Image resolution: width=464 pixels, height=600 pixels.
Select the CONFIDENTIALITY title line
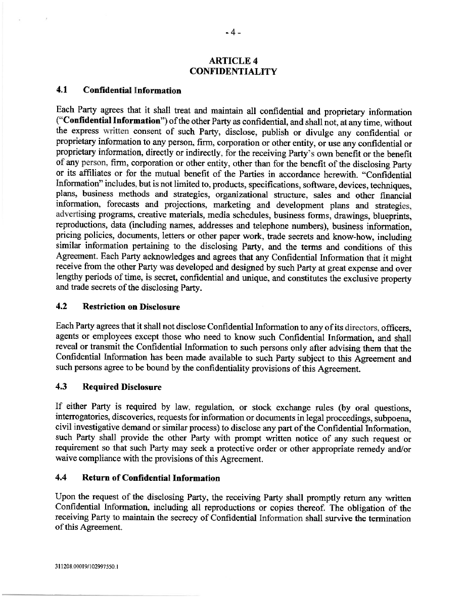coord(233,71)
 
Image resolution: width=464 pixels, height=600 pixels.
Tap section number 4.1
coord(62,91)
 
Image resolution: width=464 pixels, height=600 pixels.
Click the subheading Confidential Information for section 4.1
coord(132,91)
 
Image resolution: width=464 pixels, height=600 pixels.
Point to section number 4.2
coord(62,307)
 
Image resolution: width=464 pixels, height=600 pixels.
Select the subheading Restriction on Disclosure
coord(131,307)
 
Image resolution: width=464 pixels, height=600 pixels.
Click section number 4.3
coord(62,387)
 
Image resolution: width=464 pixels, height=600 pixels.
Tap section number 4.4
coord(62,478)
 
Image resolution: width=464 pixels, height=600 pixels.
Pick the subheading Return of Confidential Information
coord(151,478)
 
